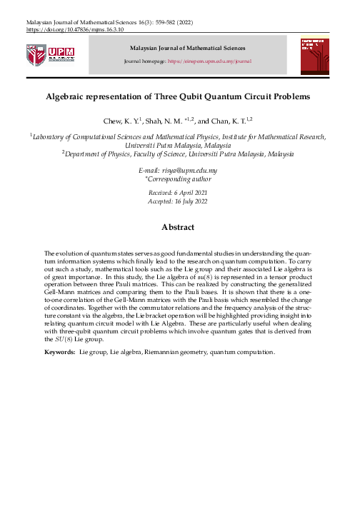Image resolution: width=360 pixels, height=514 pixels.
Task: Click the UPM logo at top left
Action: (x=46, y=55)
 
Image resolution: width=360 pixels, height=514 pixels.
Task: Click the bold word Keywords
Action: (x=59, y=352)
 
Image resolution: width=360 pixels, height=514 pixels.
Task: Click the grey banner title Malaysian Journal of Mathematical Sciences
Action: (x=186, y=47)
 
